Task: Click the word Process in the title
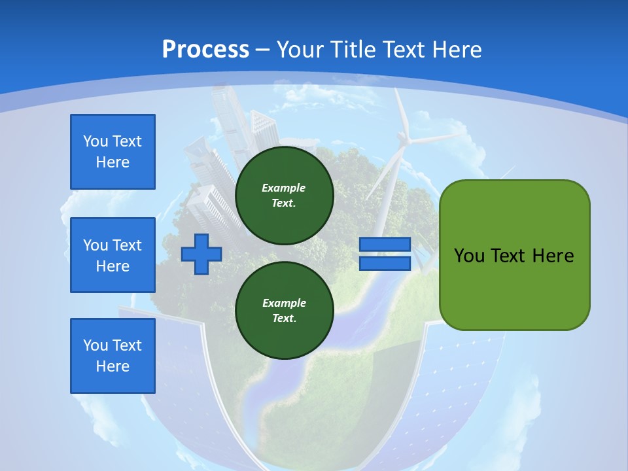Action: pyautogui.click(x=205, y=50)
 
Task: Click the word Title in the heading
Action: pyautogui.click(x=351, y=50)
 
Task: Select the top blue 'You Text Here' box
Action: pyautogui.click(x=113, y=152)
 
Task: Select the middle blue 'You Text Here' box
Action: pyautogui.click(x=113, y=255)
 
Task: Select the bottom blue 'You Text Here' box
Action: pyautogui.click(x=113, y=356)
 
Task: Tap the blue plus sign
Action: pyautogui.click(x=201, y=254)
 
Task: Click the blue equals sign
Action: pyautogui.click(x=385, y=254)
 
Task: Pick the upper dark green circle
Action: pyautogui.click(x=285, y=196)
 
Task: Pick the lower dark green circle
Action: pyautogui.click(x=285, y=311)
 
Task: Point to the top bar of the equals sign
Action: pyautogui.click(x=385, y=245)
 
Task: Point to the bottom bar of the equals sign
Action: pyautogui.click(x=385, y=263)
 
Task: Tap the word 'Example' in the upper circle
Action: pyautogui.click(x=284, y=188)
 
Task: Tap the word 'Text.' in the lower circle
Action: pyautogui.click(x=284, y=319)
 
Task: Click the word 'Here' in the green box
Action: pyautogui.click(x=553, y=256)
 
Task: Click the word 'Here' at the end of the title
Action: pyautogui.click(x=458, y=50)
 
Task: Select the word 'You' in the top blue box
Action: pyautogui.click(x=95, y=141)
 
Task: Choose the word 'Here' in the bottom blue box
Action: pyautogui.click(x=113, y=366)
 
